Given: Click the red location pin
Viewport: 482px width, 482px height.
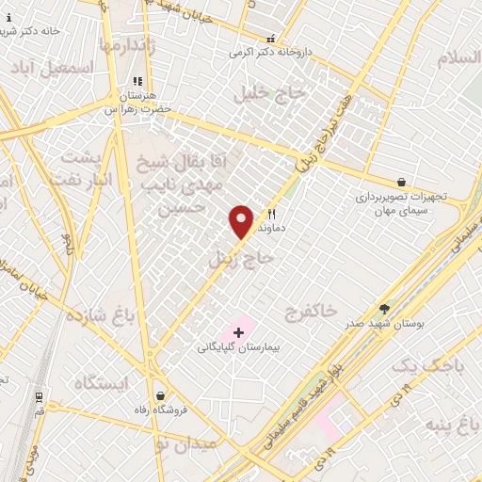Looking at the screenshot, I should click(242, 221).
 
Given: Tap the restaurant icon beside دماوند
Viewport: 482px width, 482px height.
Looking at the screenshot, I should click(272, 215).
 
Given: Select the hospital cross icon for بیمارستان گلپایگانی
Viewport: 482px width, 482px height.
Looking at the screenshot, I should click(238, 332).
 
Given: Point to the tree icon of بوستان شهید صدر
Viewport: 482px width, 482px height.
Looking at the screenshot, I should click(384, 308).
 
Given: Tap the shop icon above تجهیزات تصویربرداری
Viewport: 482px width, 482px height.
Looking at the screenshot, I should click(403, 182).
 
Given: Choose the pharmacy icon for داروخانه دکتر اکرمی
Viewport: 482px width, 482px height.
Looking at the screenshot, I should click(271, 40).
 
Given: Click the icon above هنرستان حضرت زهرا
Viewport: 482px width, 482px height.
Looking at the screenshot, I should click(137, 83).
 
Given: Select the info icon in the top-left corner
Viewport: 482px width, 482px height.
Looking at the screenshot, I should click(9, 17).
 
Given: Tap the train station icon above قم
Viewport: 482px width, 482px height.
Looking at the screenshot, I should click(39, 397).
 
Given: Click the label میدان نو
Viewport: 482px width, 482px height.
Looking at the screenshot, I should click(185, 443).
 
